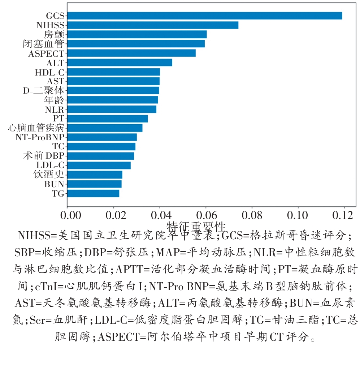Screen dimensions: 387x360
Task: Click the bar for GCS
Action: pyautogui.click(x=204, y=16)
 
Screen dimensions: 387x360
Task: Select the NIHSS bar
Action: pyautogui.click(x=153, y=25)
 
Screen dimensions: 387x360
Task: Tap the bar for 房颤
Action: pyautogui.click(x=137, y=34)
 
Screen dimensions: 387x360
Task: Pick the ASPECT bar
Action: pyautogui.click(x=131, y=53)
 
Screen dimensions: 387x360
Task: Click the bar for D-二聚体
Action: pyautogui.click(x=113, y=90)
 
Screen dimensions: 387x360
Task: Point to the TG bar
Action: pyautogui.click(x=93, y=193)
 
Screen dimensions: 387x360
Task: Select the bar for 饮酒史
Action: pyautogui.click(x=95, y=175)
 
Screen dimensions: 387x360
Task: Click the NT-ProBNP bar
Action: pyautogui.click(x=102, y=137)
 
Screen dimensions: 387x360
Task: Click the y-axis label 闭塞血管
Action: pyautogui.click(x=43, y=44)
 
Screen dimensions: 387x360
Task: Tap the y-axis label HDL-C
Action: pyautogui.click(x=49, y=72)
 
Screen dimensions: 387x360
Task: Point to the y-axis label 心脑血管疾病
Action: pyautogui.click(x=36, y=128)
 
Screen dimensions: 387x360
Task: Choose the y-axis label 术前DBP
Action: pyautogui.click(x=43, y=156)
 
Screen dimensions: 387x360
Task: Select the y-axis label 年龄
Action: pyautogui.click(x=54, y=100)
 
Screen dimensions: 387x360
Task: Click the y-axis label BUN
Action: pyautogui.click(x=54, y=184)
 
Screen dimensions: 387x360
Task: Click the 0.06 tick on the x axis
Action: pyautogui.click(x=206, y=216)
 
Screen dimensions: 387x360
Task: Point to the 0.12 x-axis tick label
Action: pyautogui.click(x=344, y=216)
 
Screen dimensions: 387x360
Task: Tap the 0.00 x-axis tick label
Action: pyautogui.click(x=67, y=216)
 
